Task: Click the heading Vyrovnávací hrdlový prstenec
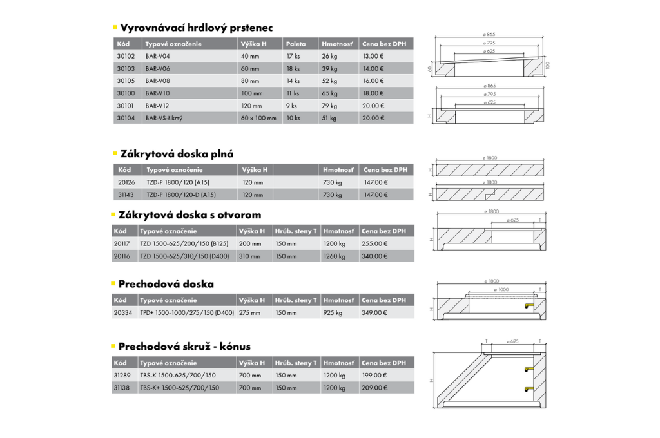[196, 28]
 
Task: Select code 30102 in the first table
[126, 56]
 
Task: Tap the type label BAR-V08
[158, 81]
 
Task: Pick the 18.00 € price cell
[373, 93]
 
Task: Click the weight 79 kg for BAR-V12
[329, 106]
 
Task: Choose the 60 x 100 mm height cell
[258, 118]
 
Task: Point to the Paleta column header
[296, 44]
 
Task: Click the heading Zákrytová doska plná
[177, 154]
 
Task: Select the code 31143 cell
[126, 195]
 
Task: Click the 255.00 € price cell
[374, 244]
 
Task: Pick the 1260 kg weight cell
[335, 256]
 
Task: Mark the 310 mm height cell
[250, 256]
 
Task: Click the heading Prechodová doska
[166, 284]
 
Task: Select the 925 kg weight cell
[333, 313]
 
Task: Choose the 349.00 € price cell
[374, 313]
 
